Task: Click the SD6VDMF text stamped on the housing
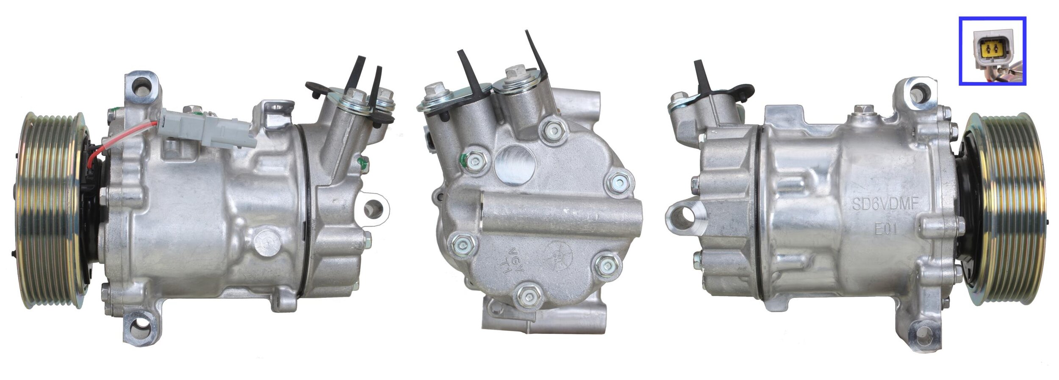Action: [884, 205]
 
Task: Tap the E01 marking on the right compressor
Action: [886, 229]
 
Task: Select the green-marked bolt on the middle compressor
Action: [474, 161]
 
